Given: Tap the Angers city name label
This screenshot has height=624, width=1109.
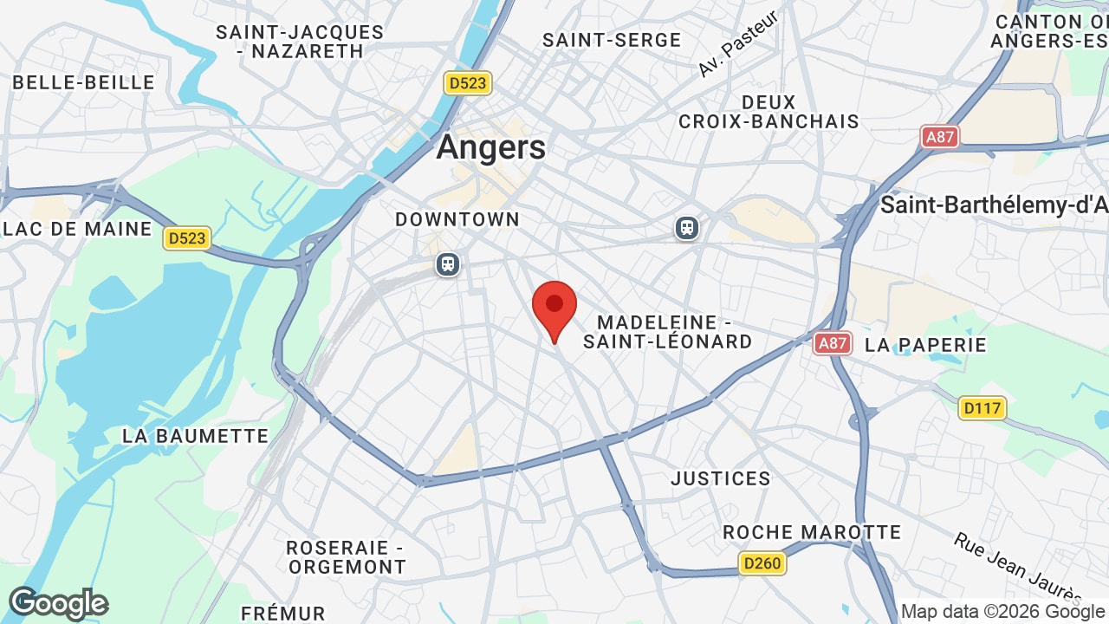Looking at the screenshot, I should click(491, 147).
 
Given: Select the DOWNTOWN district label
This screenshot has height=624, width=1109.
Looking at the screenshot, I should click(457, 220).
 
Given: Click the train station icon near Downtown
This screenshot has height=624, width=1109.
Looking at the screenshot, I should click(448, 263).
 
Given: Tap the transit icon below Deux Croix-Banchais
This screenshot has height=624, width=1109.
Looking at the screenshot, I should click(687, 228).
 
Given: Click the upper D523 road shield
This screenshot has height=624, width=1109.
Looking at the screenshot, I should click(468, 83).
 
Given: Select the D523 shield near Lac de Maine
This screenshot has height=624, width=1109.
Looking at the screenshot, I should click(187, 238).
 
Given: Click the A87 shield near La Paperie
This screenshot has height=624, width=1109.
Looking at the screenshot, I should click(833, 343).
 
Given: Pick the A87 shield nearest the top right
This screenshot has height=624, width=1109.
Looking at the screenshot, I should click(940, 136).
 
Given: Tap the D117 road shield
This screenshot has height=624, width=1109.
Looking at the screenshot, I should click(983, 407).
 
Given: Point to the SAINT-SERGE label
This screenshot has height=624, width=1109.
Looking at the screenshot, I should click(612, 41).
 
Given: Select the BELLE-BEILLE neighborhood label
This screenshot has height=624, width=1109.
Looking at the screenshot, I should click(84, 83).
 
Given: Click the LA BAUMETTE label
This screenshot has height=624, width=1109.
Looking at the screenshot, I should click(196, 436).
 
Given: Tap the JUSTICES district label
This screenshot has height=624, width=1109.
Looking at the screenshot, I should click(721, 478).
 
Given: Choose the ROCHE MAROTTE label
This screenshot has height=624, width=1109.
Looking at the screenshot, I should click(812, 532).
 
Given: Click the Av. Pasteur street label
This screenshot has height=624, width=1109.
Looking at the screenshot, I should click(737, 44).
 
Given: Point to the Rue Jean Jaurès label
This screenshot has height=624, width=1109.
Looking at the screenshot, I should click(1018, 568).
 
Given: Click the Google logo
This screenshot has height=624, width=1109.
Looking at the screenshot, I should click(58, 604).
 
